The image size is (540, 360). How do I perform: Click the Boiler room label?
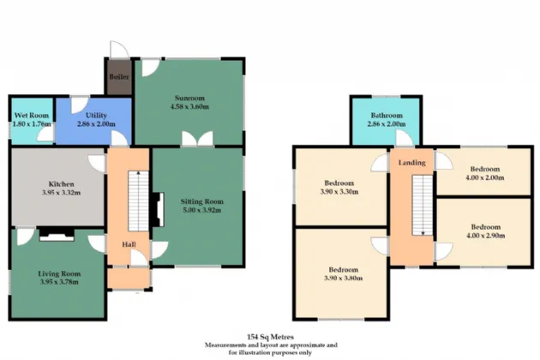click(119, 77)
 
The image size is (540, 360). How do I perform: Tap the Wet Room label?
click(32, 116)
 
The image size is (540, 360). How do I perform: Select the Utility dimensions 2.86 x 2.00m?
click(96, 124)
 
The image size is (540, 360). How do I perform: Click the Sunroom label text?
click(189, 98)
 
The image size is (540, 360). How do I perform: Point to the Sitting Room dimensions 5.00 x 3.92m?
click(202, 210)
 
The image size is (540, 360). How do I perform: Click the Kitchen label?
click(62, 184)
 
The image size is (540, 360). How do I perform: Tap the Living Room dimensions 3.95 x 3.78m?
click(59, 282)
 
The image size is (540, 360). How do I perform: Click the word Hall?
click(129, 244)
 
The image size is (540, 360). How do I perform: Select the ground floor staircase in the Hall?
click(139, 201)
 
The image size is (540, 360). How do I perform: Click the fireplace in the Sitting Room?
click(158, 209)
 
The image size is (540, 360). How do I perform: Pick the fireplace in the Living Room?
click(57, 234)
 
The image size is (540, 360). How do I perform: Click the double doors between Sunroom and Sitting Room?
click(197, 139)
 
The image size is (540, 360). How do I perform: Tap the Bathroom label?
click(387, 116)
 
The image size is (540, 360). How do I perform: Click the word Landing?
click(412, 163)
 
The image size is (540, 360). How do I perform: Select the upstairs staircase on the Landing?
click(423, 206)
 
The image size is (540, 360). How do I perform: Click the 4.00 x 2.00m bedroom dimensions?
click(485, 177)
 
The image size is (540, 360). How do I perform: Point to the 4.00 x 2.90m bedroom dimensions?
click(486, 236)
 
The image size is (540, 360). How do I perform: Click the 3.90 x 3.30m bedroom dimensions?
click(339, 191)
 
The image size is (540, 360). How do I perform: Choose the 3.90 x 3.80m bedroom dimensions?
click(343, 278)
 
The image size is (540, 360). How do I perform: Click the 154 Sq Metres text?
click(270, 337)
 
